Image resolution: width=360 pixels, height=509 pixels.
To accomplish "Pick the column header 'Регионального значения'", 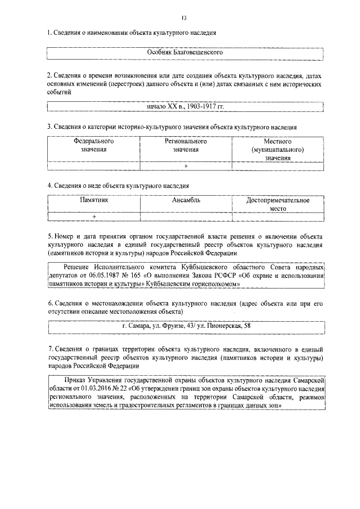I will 186,146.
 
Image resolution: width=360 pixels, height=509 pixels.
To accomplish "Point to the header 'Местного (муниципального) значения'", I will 278,150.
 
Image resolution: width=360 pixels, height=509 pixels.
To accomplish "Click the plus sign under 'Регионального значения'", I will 186,166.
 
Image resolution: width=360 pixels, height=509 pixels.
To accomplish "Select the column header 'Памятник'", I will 93,200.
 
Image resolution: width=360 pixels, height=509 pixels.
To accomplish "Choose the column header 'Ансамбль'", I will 186,200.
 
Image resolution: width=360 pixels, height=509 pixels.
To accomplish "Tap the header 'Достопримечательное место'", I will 278,204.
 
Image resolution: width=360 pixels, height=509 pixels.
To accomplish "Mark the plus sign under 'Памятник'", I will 94,217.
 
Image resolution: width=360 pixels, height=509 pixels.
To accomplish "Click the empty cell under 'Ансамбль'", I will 186,217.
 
